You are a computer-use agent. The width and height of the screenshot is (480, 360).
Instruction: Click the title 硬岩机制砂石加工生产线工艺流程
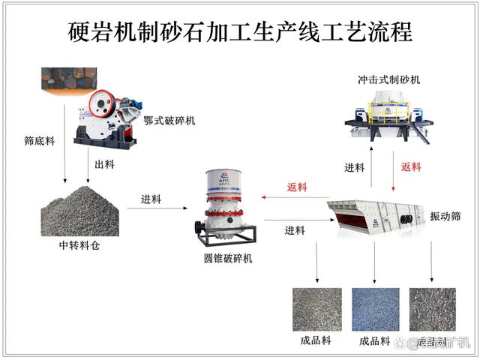[240, 32]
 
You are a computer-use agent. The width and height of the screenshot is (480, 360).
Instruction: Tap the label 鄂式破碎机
[169, 120]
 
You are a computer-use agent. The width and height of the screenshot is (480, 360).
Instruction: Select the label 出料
[103, 164]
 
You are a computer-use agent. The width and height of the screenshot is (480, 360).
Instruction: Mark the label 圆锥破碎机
[227, 259]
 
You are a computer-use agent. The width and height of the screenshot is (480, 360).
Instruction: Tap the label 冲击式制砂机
[389, 78]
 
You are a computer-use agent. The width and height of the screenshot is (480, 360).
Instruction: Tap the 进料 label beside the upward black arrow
[354, 167]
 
